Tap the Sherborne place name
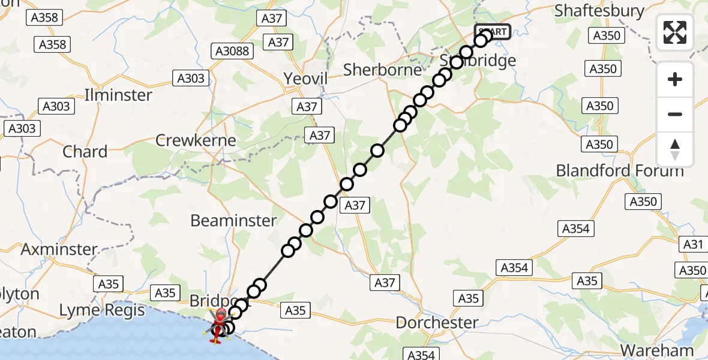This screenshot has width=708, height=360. pyautogui.click(x=383, y=70)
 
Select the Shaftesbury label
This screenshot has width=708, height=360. pyautogui.click(x=599, y=11)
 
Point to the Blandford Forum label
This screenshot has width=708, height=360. pyautogui.click(x=620, y=170)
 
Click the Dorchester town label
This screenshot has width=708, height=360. pyautogui.click(x=437, y=323)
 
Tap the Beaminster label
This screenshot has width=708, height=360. pyautogui.click(x=233, y=221)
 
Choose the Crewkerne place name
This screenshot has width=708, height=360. pyautogui.click(x=196, y=140)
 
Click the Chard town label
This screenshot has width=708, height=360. pyautogui.click(x=85, y=152)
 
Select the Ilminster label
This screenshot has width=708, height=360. pyautogui.click(x=119, y=95)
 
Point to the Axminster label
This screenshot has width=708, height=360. pyautogui.click(x=59, y=249)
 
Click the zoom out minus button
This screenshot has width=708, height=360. pyautogui.click(x=675, y=114)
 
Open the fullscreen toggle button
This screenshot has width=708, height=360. pyautogui.click(x=675, y=32)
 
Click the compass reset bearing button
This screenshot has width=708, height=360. pyautogui.click(x=675, y=149)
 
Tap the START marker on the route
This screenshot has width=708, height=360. pyautogui.click(x=493, y=32)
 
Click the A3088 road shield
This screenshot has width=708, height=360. pyautogui.click(x=232, y=52)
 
